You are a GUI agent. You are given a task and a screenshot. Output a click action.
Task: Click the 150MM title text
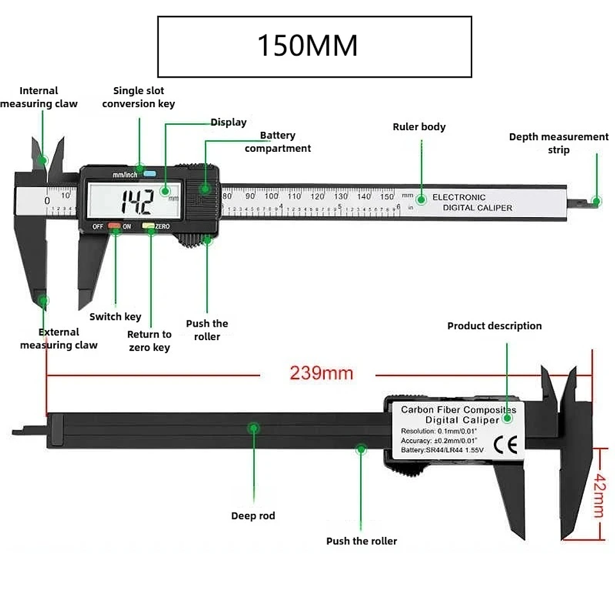coord(307,47)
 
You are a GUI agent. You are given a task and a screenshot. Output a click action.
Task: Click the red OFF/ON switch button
coord(113,226)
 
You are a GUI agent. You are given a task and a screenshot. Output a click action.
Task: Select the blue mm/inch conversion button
coord(150,174)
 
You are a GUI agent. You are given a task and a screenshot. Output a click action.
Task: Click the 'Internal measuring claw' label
coord(38,97)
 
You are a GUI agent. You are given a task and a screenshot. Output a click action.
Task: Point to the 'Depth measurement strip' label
coord(559,143)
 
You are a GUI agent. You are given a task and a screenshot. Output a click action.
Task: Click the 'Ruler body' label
coord(419,127)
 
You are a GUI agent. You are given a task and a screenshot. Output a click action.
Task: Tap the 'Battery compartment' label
coord(277,142)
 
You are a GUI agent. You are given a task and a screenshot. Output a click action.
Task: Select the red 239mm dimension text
coord(321,373)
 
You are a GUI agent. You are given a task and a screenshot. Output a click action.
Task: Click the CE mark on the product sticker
coord(504,444)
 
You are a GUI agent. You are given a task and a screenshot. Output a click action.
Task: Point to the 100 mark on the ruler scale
coord(271,196)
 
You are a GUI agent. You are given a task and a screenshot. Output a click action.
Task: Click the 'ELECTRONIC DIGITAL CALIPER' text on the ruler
coord(472,202)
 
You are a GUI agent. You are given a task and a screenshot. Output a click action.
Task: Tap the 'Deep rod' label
coord(253,516)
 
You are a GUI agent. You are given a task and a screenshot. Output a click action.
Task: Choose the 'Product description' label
coord(494,326)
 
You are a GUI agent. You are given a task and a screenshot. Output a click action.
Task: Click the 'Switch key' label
coord(115,316)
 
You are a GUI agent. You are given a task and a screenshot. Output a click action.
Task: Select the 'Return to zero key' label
coord(149,341)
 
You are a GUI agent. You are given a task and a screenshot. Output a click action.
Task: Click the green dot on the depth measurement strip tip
coord(596,201)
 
